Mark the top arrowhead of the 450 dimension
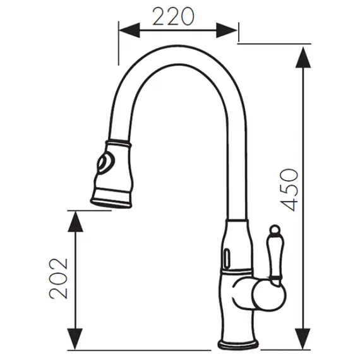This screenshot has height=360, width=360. click(304, 56)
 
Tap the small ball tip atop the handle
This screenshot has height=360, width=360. click(275, 228)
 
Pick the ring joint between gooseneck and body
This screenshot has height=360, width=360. click(237, 220)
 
